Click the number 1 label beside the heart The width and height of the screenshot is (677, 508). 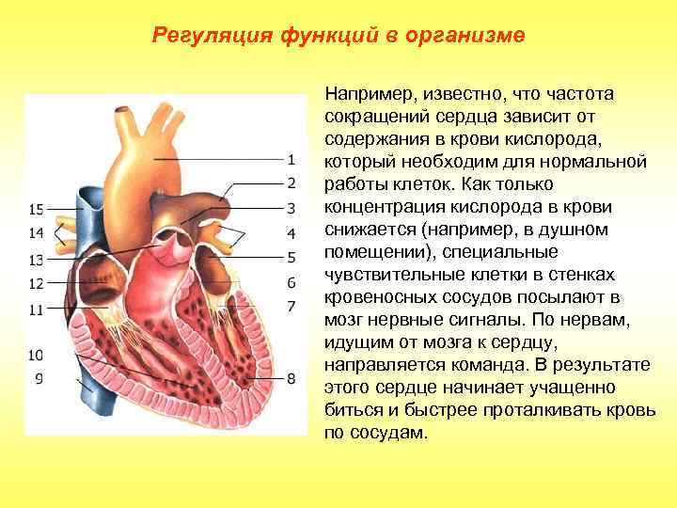coord(291,159)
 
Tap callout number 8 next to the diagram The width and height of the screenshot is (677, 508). coord(291,378)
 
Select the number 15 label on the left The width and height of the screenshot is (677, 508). coord(37,209)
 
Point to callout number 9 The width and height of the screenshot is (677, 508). coord(39,378)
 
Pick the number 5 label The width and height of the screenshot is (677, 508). coord(291,257)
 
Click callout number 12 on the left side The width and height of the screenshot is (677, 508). coord(37,283)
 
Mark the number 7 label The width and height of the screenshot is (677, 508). coord(291,306)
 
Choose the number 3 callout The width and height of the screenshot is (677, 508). coord(291,207)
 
